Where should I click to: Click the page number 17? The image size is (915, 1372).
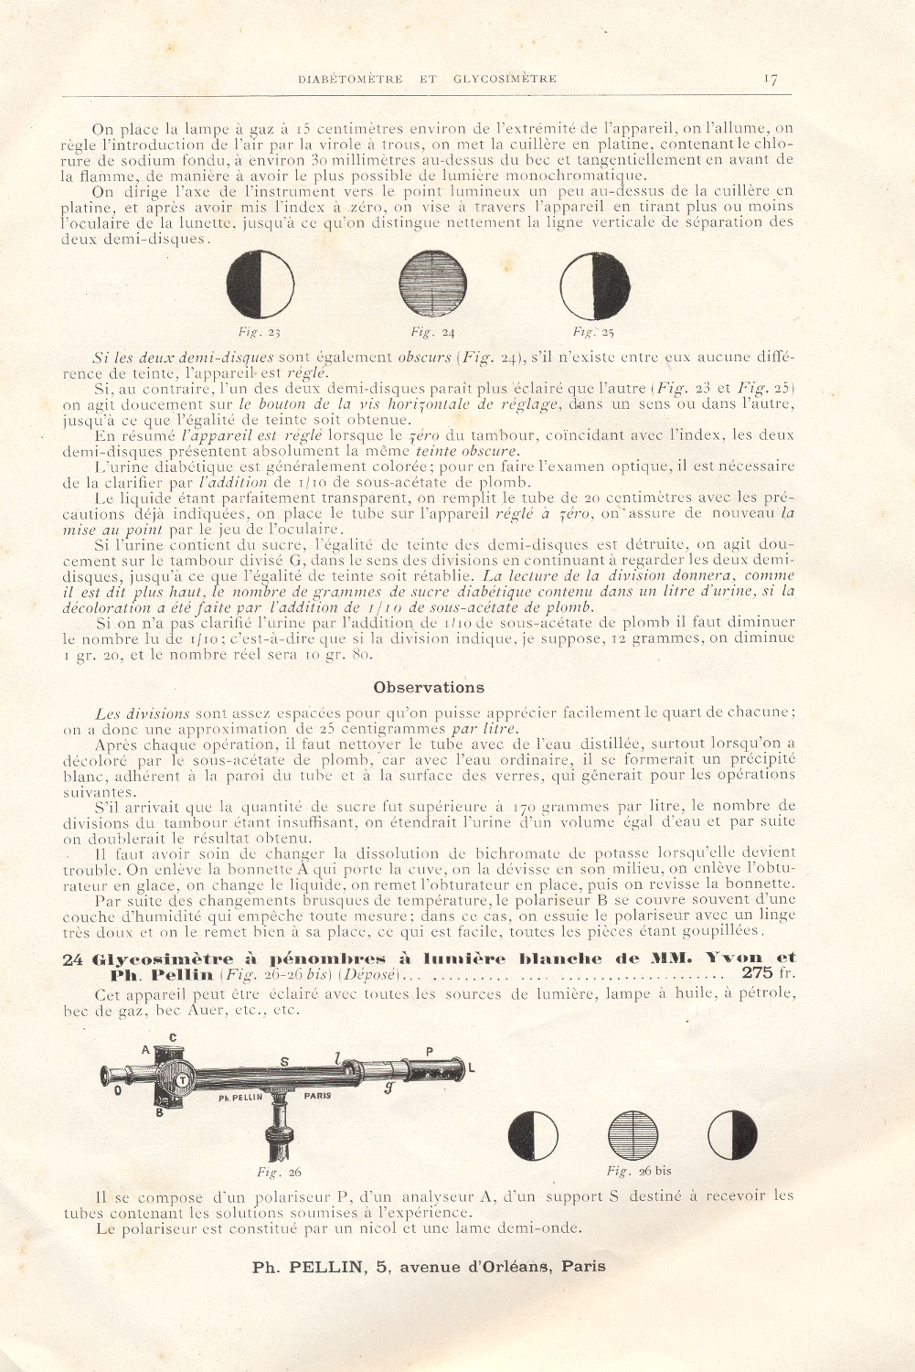coord(770,79)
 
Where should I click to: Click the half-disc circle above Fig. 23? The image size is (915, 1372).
coord(261,284)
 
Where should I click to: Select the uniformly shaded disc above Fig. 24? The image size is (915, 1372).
coord(433,284)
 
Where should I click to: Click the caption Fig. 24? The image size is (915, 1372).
coord(432,332)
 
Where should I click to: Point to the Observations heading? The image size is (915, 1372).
coord(429,687)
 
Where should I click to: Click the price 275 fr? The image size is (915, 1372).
coord(769,972)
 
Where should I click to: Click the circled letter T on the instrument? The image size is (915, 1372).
coord(182,1079)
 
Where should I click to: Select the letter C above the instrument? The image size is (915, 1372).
coord(173,1037)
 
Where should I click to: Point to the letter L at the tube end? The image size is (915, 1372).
coord(472,1068)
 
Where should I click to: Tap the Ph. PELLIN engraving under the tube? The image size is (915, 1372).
coord(240,1097)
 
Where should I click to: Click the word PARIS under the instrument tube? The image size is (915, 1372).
coord(317,1095)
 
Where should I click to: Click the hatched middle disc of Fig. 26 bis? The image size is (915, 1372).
coord(633,1135)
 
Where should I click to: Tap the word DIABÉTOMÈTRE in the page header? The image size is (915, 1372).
coord(350,79)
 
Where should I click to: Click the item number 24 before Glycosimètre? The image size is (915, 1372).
coord(72,959)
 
